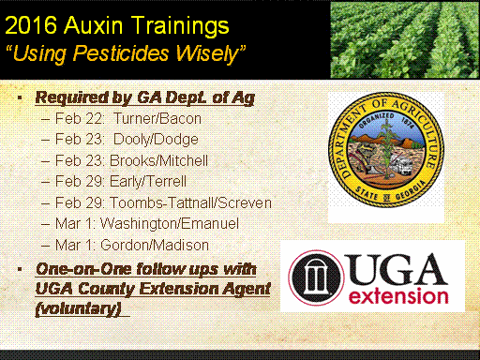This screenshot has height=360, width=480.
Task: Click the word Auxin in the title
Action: point(94,25)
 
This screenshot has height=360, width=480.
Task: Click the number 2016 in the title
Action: point(31,25)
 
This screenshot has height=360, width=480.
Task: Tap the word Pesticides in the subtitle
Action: point(121,53)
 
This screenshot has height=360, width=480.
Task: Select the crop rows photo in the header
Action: point(405,39)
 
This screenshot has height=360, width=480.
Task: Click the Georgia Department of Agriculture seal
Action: point(386,149)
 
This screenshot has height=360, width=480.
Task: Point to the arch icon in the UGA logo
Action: point(316,277)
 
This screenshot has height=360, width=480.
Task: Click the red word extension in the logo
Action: point(398,296)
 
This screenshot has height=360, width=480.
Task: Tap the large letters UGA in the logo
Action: point(397,269)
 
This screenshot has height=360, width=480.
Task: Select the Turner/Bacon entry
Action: point(157,119)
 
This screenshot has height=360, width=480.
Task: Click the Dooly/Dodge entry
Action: point(156,140)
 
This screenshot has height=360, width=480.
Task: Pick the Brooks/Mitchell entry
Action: point(158,160)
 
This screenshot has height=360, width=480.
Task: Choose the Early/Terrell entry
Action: point(148,182)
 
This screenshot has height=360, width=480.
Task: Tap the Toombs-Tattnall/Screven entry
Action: point(190,202)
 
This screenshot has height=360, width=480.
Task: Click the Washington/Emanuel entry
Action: point(170,224)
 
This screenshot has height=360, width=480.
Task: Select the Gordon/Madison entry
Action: point(155,245)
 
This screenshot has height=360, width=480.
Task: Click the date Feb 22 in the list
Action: point(79,119)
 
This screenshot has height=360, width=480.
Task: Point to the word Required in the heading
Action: point(71,97)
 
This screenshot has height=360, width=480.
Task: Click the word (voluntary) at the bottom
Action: point(78,308)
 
